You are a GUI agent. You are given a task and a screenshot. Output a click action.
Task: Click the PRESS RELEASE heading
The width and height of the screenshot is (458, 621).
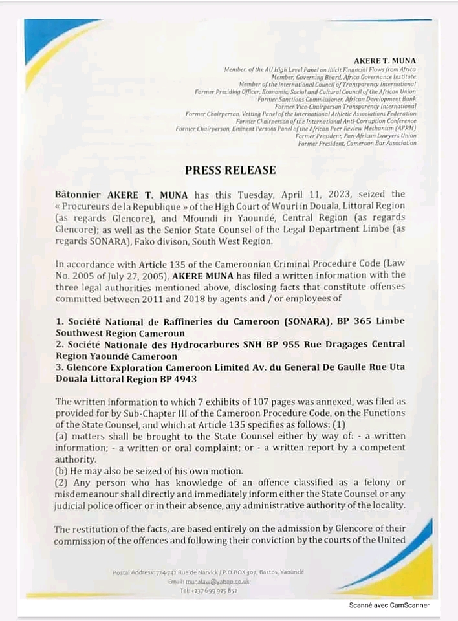pos(230,170)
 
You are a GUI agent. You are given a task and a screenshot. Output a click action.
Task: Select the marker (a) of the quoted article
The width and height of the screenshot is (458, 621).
pos(61,436)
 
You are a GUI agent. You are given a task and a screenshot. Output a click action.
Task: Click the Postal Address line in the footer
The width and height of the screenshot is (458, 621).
pos(208,572)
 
